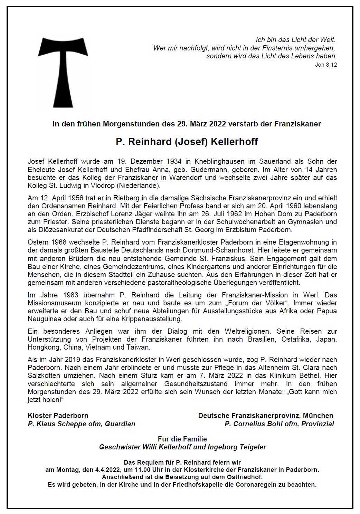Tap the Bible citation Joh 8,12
tap(326, 65)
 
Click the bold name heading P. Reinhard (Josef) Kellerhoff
tap(187, 142)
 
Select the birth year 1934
tap(174, 161)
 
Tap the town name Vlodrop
tap(103, 185)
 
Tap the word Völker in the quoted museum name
tap(274, 303)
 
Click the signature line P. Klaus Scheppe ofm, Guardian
tap(82, 424)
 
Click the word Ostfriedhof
tap(245, 477)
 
